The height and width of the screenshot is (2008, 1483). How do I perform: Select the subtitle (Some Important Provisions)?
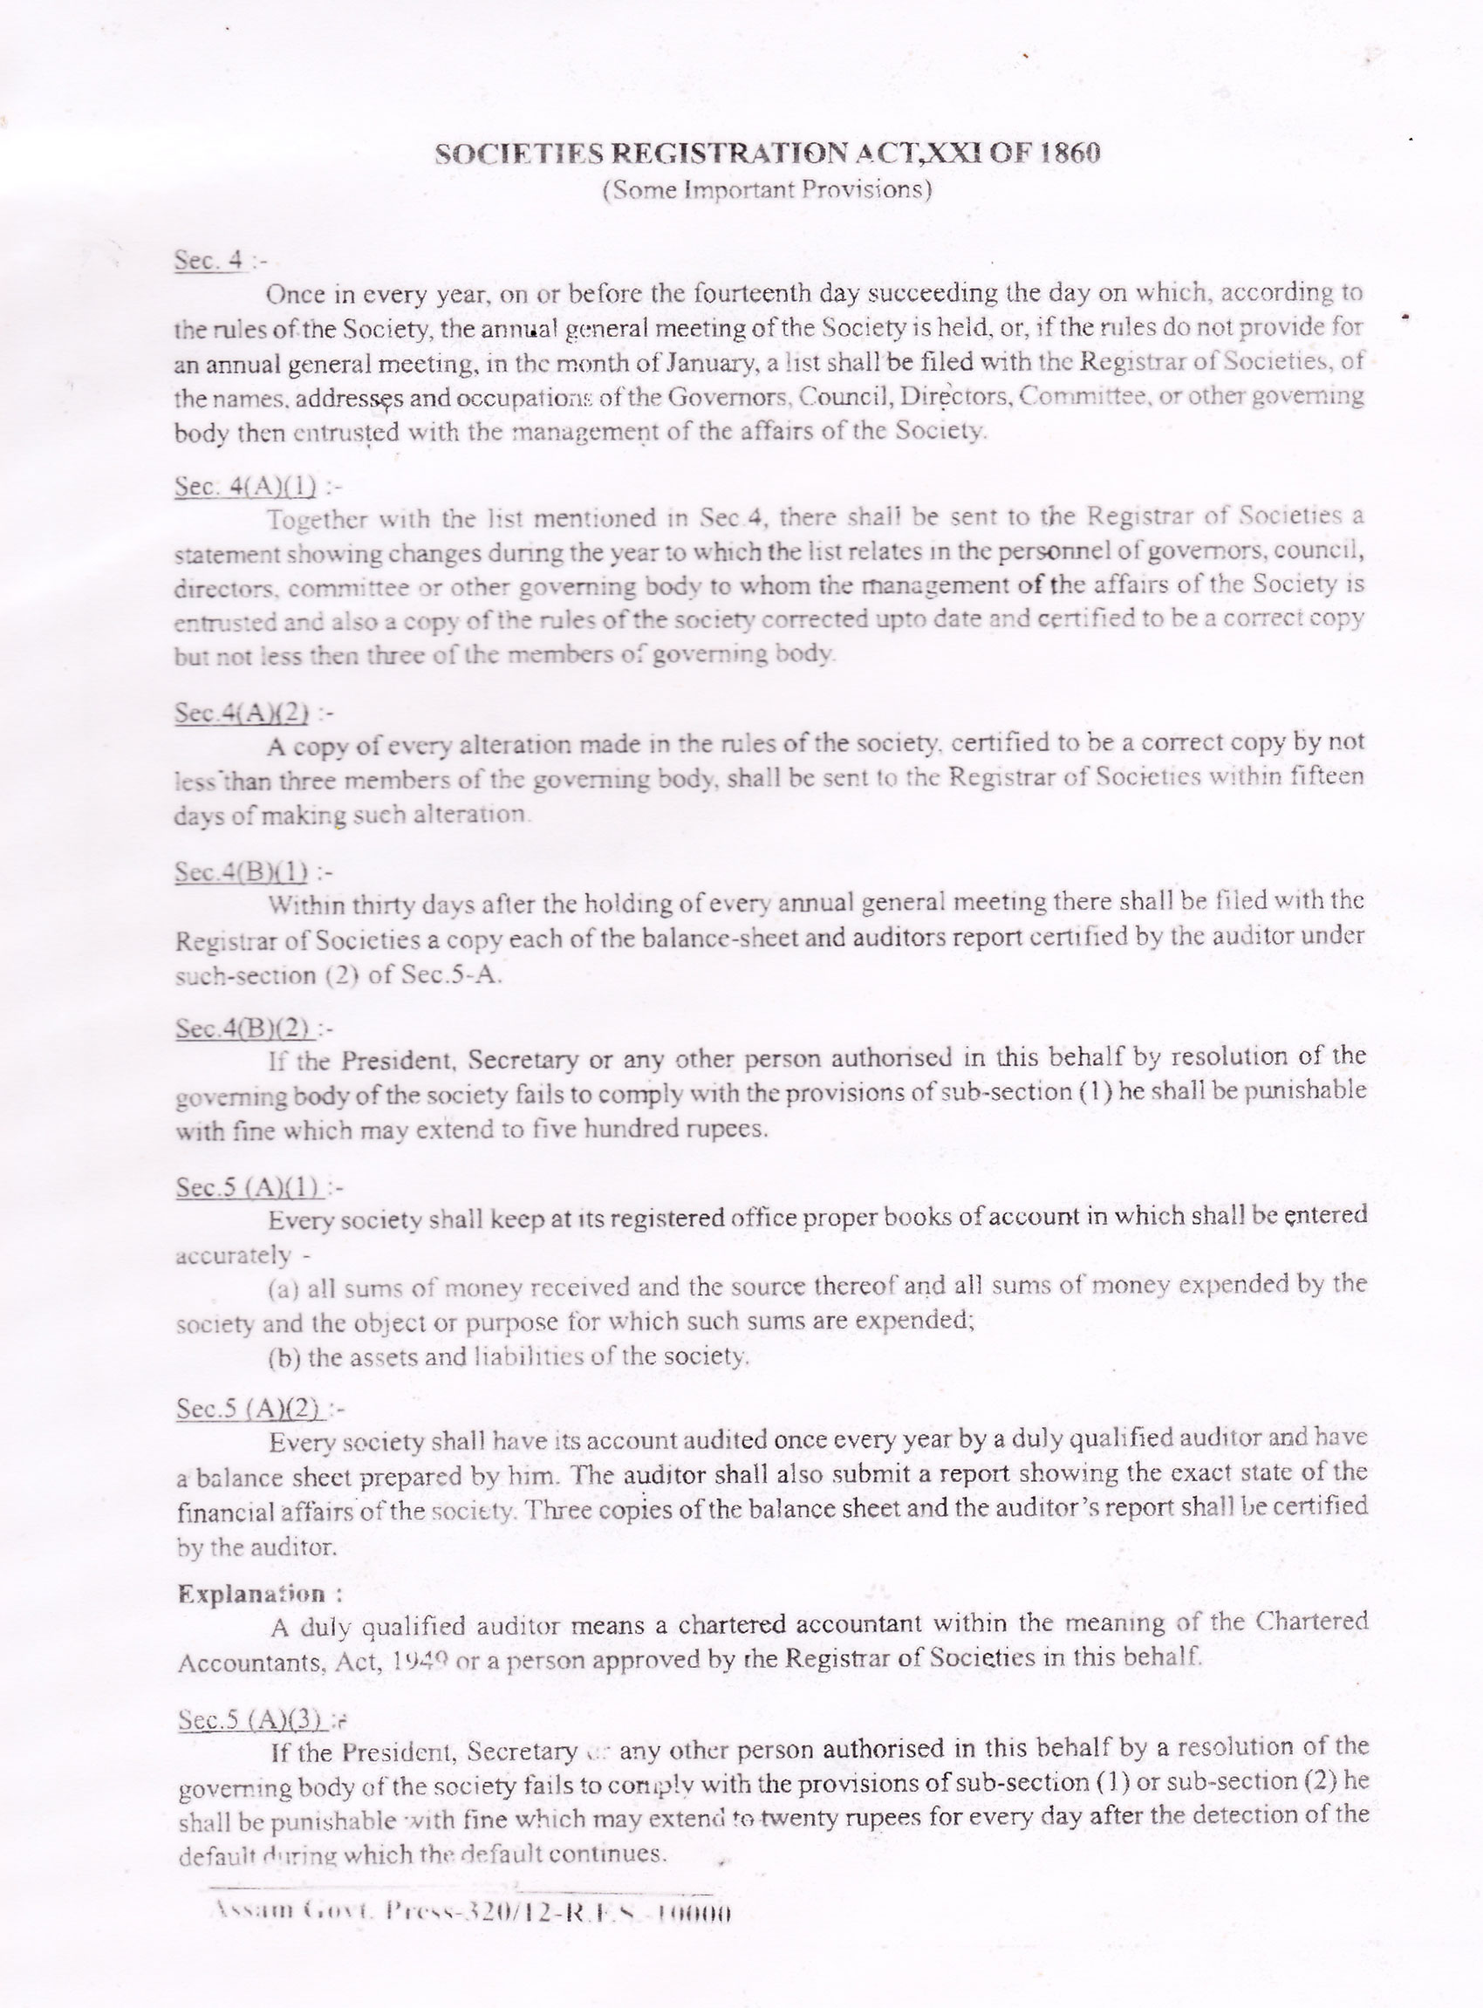click(x=768, y=191)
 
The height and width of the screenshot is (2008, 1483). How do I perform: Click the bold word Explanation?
click(x=251, y=1595)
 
